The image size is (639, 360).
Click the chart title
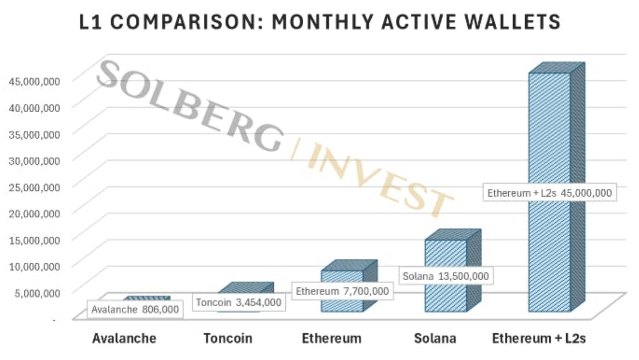tap(319, 22)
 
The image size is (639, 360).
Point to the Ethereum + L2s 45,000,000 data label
tap(549, 193)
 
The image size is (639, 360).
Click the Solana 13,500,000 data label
tap(446, 276)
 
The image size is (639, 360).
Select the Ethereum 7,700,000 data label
tap(342, 291)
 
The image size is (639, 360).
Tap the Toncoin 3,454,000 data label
tap(238, 302)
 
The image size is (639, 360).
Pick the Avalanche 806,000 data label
tap(135, 309)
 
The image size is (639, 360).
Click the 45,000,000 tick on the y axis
tap(35, 81)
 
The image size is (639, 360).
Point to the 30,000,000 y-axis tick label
tap(35, 161)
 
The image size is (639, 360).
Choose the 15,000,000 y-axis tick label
tap(35, 240)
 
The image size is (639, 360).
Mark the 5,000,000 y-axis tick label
tap(37, 293)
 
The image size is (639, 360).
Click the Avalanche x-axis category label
tap(124, 338)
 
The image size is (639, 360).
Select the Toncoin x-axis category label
tap(228, 338)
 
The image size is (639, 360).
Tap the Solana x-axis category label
tap(435, 338)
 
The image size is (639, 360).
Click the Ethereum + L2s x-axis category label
tap(539, 338)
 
